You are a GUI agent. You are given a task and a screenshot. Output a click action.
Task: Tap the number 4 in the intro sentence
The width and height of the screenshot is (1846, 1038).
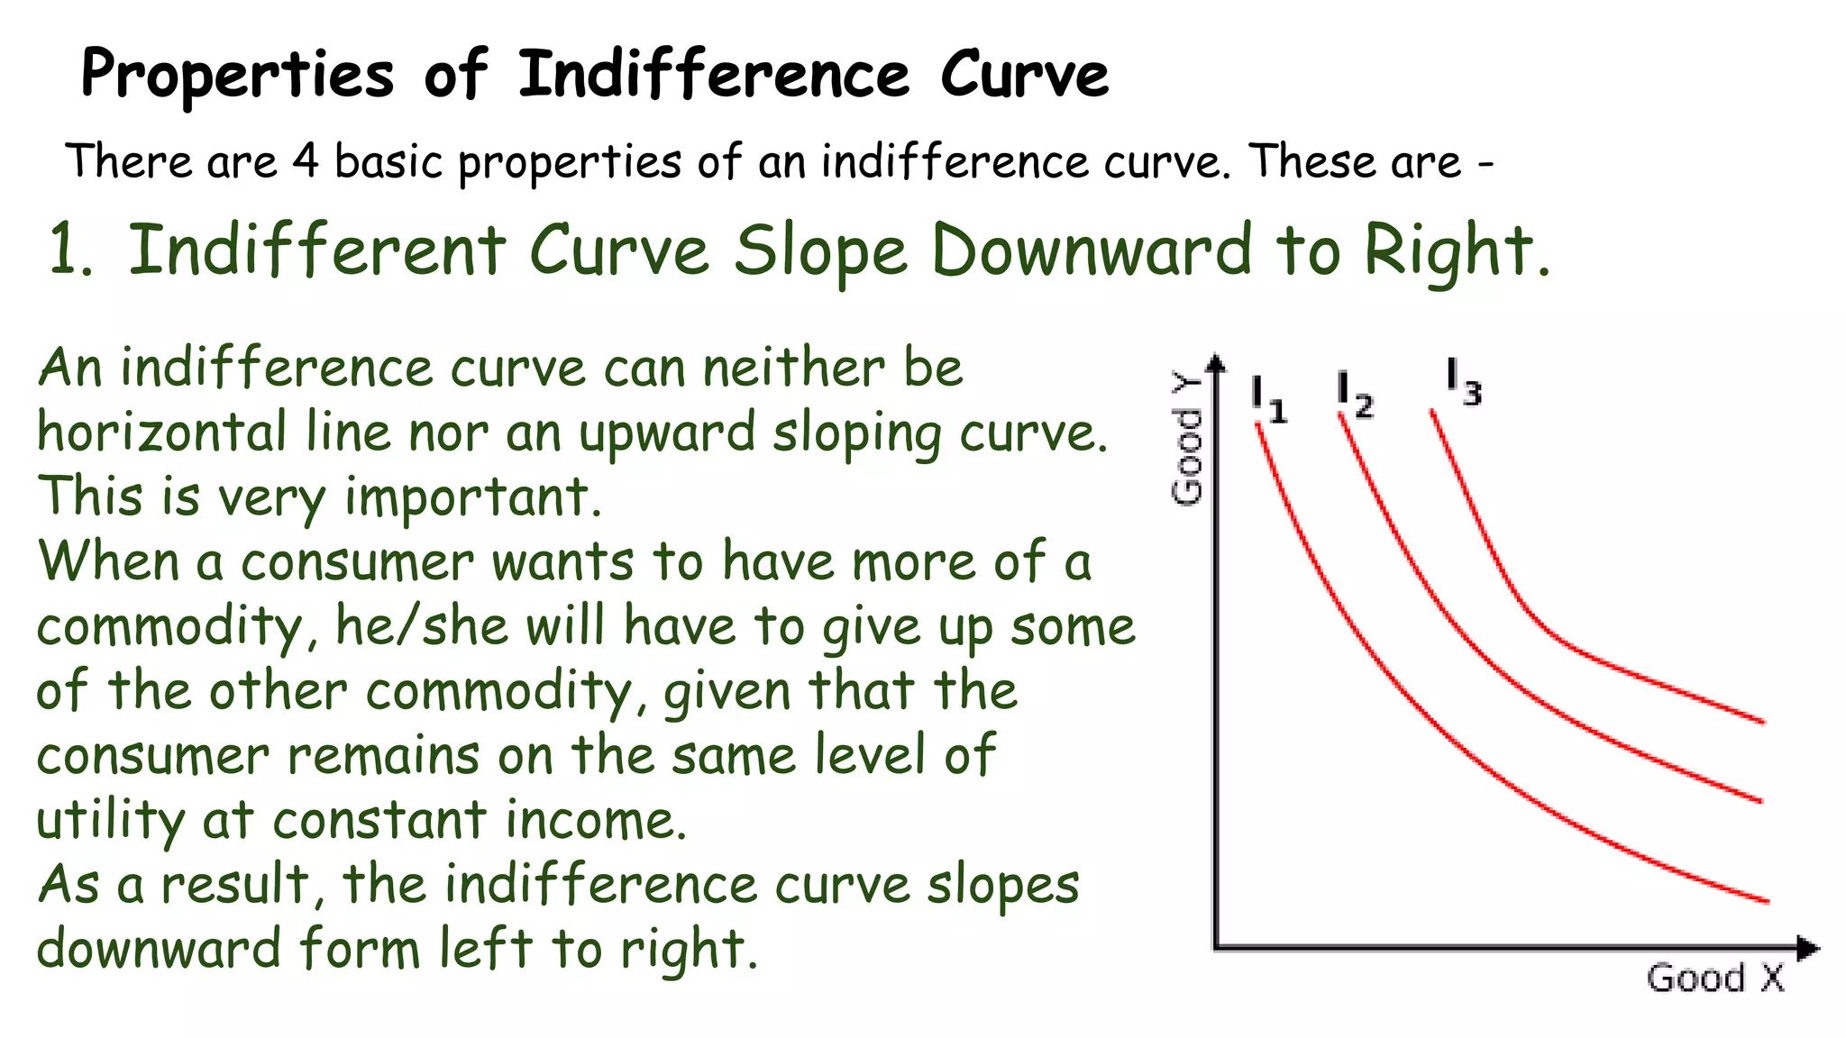306,162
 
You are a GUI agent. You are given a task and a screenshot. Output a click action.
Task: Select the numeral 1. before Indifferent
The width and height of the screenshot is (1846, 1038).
70,250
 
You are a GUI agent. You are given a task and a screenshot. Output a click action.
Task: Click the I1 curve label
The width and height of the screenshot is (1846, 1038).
1268,399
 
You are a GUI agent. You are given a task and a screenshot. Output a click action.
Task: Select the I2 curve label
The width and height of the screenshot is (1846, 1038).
1355,395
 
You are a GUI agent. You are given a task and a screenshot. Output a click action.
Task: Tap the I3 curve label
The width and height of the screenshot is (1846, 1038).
1463,382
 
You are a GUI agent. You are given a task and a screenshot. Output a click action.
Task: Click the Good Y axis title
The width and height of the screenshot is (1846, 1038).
1187,439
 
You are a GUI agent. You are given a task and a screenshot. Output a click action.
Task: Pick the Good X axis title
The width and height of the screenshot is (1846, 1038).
1715,979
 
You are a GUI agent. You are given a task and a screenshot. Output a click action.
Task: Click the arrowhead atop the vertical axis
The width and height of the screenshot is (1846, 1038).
1217,362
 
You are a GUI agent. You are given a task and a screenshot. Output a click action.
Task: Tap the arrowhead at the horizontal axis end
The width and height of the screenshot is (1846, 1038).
1808,949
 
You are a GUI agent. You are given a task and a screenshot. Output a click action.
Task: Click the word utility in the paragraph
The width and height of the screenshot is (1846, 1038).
110,821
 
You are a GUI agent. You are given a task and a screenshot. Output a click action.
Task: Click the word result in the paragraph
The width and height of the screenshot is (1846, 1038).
236,885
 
